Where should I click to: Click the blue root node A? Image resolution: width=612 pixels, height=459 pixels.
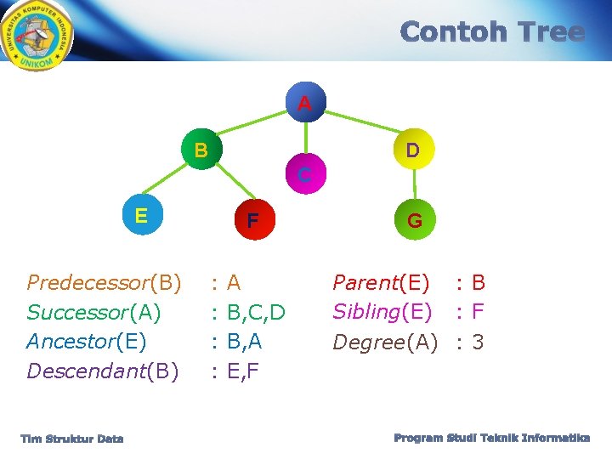click(304, 104)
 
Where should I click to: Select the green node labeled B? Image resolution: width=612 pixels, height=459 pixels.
click(201, 151)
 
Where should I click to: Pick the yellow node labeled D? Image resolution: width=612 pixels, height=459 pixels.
click(412, 151)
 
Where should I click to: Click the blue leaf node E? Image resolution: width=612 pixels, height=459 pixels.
click(141, 216)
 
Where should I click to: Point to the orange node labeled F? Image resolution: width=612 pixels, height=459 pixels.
click(252, 221)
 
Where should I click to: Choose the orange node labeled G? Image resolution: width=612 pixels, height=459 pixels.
click(414, 221)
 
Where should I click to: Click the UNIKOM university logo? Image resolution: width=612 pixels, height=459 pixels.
click(37, 35)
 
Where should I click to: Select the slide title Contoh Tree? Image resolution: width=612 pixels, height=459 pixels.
click(492, 32)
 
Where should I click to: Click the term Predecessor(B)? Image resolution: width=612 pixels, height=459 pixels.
click(104, 282)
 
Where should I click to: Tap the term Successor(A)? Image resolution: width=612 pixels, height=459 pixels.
click(93, 312)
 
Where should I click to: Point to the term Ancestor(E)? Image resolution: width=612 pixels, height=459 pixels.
click(87, 342)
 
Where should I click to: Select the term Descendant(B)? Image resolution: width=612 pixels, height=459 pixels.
click(103, 371)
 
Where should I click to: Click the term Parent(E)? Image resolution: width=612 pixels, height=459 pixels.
click(381, 282)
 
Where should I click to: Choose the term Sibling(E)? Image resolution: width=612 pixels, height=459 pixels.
click(382, 312)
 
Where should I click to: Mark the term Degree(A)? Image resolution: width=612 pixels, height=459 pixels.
click(385, 342)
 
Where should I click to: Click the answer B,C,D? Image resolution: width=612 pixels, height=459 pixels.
click(256, 312)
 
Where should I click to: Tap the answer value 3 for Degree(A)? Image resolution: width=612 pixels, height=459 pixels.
click(478, 342)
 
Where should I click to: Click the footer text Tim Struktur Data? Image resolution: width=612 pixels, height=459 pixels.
click(72, 439)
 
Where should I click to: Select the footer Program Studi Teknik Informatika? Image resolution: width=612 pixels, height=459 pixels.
click(491, 438)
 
